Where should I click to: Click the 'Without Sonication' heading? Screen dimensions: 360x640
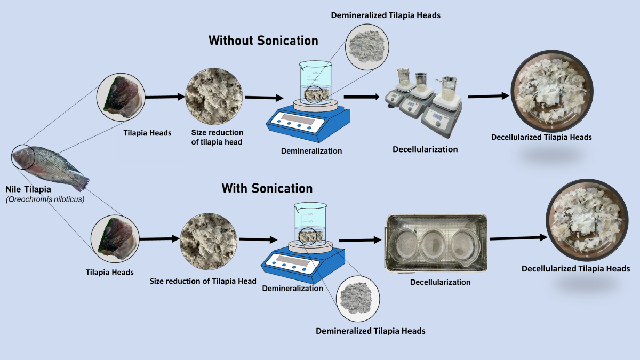click(263, 41)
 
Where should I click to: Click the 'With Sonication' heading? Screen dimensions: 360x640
click(267, 188)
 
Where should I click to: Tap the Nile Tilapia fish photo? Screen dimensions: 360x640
click(49, 166)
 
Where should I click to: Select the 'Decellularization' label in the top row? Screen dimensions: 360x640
click(425, 149)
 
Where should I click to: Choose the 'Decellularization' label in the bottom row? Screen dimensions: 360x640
click(440, 282)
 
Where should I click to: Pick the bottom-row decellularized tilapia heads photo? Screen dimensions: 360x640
click(582, 220)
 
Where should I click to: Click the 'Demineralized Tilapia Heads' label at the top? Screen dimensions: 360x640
click(386, 15)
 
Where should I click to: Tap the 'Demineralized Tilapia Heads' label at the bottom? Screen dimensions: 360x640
click(371, 331)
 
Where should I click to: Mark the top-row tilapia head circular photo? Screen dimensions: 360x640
click(121, 97)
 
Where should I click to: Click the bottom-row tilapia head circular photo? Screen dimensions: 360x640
click(115, 238)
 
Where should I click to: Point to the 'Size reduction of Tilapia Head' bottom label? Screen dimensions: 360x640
click(203, 281)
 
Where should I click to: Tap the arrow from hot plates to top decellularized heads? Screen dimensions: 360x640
click(487, 97)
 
